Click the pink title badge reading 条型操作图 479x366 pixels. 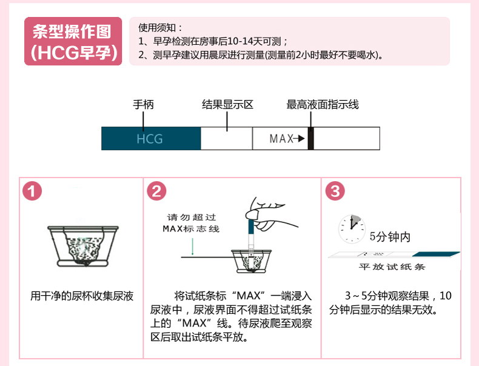[73, 41]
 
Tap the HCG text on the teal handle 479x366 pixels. [149, 139]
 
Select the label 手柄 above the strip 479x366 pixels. [143, 104]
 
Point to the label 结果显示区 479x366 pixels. [227, 104]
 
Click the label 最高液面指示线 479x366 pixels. [323, 104]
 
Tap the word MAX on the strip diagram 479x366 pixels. [281, 139]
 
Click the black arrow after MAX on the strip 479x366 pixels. [299, 139]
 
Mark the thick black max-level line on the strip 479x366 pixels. [310, 139]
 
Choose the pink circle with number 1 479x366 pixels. [32, 191]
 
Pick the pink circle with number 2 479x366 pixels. [156, 191]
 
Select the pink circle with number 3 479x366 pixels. [335, 191]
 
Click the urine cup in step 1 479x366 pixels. [82, 246]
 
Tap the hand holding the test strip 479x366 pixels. [269, 214]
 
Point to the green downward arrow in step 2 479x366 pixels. [192, 247]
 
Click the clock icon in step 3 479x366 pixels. [352, 228]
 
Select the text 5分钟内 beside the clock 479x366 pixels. [390, 236]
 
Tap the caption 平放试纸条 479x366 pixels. [392, 267]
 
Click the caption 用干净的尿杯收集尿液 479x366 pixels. [82, 296]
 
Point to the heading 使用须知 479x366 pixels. [160, 28]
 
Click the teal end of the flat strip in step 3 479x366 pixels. [436, 255]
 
